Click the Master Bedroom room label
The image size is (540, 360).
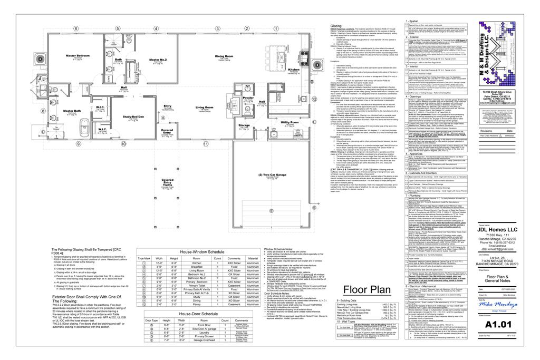coord(77,55)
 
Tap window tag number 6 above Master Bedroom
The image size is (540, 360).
coord(77,28)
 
